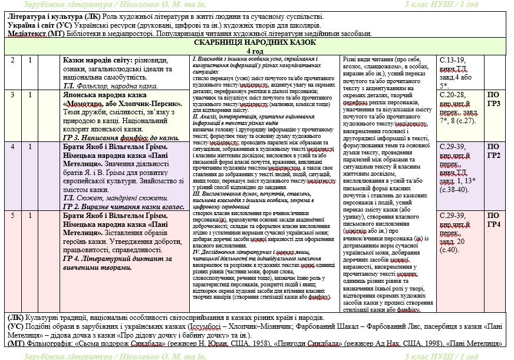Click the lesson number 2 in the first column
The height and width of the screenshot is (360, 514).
point(12,60)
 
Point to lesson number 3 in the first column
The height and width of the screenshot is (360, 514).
point(12,95)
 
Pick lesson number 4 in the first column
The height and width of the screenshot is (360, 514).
point(12,146)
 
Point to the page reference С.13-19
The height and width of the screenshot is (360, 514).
point(453,60)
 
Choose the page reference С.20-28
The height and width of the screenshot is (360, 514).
point(453,95)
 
